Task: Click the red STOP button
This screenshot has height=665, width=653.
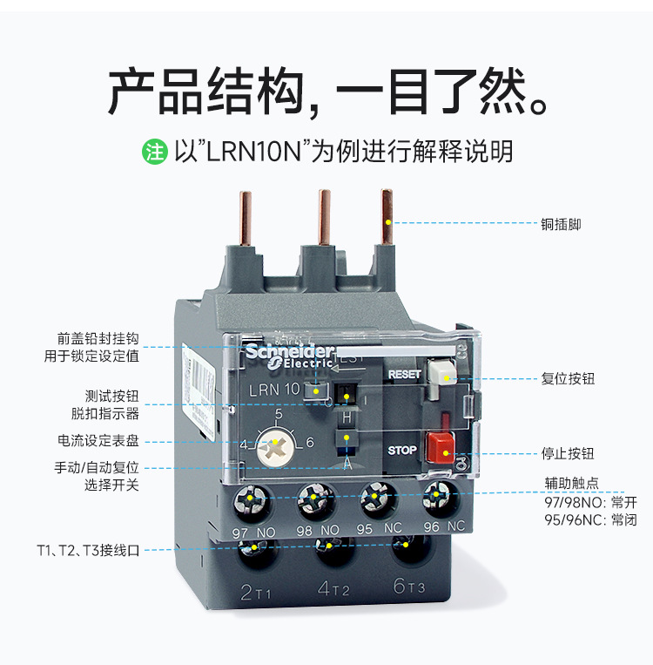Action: click(439, 445)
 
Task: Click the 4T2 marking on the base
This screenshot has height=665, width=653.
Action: click(333, 590)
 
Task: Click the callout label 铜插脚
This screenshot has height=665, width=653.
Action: click(560, 224)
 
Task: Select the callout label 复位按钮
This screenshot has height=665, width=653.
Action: click(568, 379)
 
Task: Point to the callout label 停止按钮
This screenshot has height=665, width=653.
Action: click(568, 453)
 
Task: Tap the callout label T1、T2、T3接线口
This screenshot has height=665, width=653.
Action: click(88, 550)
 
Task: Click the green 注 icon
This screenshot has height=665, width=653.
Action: click(154, 152)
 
